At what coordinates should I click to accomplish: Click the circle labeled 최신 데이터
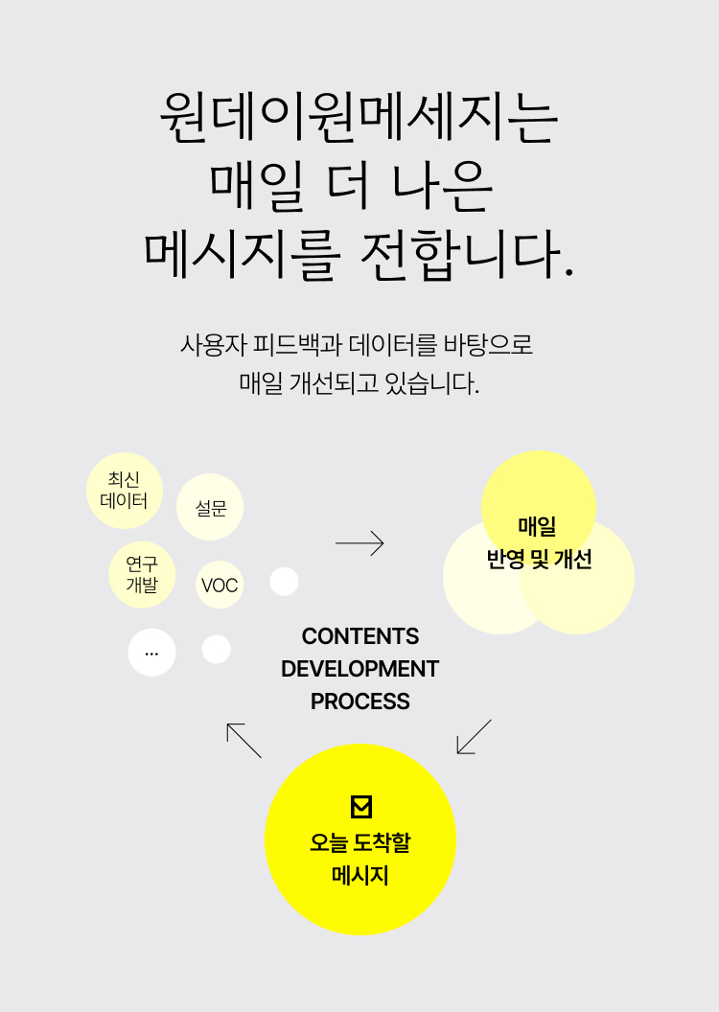(125, 490)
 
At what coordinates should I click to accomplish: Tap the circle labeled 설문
(210, 507)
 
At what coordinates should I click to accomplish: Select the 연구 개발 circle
(142, 575)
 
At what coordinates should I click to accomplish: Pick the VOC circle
(220, 585)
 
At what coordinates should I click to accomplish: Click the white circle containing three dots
(151, 653)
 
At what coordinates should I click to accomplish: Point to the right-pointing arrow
(359, 543)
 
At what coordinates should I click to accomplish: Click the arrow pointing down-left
(474, 736)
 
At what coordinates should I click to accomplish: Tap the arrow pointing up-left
(244, 740)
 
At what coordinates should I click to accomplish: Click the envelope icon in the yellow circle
(360, 807)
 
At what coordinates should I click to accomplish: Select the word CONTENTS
(360, 636)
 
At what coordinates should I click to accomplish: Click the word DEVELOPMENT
(360, 669)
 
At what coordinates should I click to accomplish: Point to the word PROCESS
(360, 701)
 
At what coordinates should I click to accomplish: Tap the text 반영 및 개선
(539, 559)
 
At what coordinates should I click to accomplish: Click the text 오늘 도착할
(360, 843)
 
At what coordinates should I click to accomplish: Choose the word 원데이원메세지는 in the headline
(359, 117)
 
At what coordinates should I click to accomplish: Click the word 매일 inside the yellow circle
(538, 526)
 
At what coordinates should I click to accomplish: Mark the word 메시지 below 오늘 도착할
(360, 875)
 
